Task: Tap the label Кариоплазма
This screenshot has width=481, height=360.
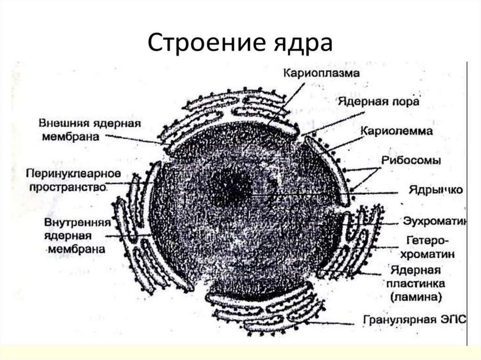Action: click(x=321, y=74)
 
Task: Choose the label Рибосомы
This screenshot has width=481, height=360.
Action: click(x=411, y=161)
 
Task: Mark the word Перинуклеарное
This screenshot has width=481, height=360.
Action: click(x=74, y=174)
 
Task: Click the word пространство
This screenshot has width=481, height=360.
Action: click(x=67, y=187)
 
